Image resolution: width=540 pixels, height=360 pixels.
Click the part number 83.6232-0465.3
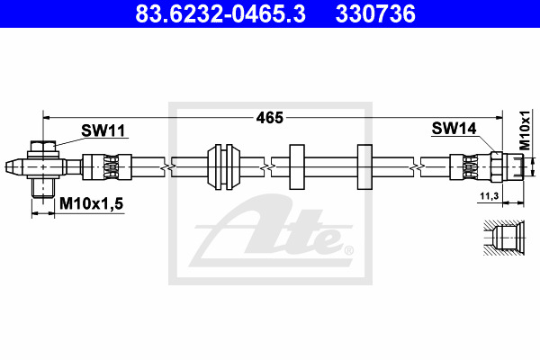click(x=220, y=13)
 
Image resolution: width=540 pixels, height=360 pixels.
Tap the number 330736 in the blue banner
click(x=375, y=13)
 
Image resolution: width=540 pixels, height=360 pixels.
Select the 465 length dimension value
click(x=270, y=118)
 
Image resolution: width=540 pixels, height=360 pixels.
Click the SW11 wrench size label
click(x=103, y=130)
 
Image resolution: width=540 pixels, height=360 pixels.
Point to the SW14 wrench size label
click(x=454, y=129)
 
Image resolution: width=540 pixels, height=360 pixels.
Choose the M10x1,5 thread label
click(x=91, y=203)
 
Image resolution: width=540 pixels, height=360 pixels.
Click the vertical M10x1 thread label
click(x=526, y=130)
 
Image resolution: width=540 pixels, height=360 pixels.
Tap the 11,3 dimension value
click(x=490, y=196)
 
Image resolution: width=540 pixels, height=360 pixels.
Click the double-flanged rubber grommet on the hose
click(x=223, y=167)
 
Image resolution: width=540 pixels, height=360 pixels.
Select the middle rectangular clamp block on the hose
click(x=297, y=167)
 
